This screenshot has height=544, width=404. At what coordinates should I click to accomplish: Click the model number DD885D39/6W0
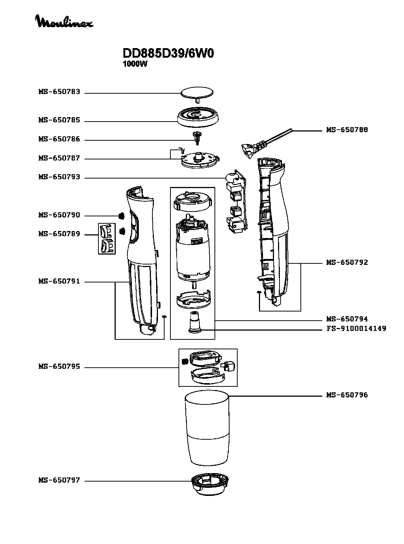coord(168,54)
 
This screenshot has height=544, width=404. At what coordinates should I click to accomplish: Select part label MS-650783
coord(59,92)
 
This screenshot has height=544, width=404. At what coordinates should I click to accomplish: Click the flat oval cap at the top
coord(197,92)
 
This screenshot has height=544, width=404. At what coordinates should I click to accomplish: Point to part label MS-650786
coord(59,140)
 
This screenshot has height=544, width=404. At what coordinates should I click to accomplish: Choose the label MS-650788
coord(347,130)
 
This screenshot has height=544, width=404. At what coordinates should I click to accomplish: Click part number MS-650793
coord(59,177)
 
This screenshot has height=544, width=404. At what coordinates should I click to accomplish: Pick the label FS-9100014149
coord(356,328)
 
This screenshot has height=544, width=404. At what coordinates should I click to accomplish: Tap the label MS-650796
coord(347,395)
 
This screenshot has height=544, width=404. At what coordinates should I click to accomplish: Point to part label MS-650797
coord(59,480)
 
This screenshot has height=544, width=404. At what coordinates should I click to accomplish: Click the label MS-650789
coord(59,234)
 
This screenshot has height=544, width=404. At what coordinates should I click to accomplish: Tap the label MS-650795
coord(59,367)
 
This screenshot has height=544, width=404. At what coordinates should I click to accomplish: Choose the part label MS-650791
coord(59,282)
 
